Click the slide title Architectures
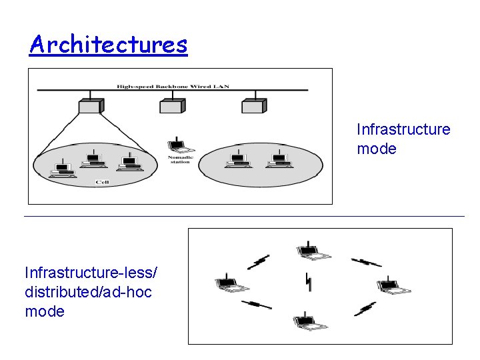[109, 45]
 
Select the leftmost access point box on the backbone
[89, 105]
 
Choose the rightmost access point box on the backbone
[254, 105]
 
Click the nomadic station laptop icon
[177, 145]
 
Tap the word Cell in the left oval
[102, 181]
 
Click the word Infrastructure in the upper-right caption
[403, 129]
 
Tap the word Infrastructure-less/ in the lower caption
[91, 273]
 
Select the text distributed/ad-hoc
[88, 292]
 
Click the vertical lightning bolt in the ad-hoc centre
[308, 283]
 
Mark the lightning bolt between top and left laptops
[258, 261]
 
